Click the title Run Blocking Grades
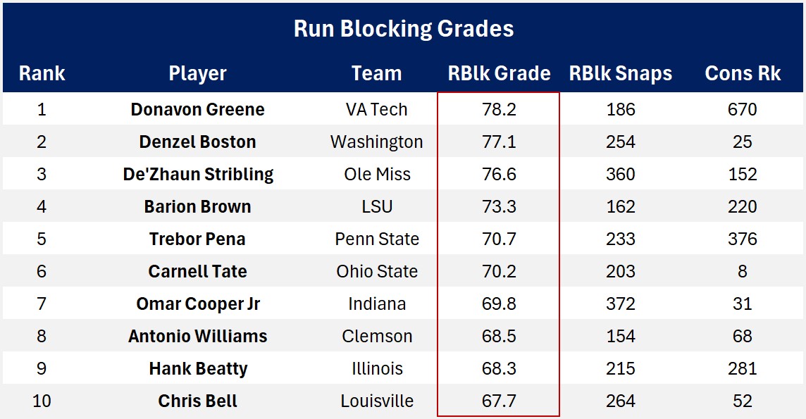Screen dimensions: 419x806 tap(403, 29)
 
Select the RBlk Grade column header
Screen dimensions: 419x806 tap(499, 73)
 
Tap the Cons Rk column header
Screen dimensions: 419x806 tap(743, 73)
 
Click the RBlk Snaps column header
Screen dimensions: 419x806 tap(620, 73)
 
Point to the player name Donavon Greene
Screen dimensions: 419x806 tap(198, 110)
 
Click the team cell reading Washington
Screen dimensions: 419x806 tap(377, 142)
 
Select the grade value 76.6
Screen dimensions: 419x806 tap(499, 175)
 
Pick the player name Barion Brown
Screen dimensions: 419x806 tap(198, 207)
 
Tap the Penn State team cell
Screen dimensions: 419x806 tap(377, 239)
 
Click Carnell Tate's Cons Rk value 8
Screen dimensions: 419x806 tap(743, 272)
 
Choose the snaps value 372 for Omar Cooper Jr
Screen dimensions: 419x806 tap(620, 304)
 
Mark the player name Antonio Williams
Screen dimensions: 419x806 tap(198, 337)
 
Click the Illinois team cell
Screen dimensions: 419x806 tap(377, 369)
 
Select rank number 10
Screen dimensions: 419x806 tap(42, 401)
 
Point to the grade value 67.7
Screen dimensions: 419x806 tap(499, 401)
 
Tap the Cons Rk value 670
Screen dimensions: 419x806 tap(743, 110)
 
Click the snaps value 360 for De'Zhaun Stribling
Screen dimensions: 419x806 tap(620, 175)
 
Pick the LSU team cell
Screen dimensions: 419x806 tap(377, 207)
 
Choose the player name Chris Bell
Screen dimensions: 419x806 tap(198, 401)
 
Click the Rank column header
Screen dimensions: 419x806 tap(42, 73)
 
